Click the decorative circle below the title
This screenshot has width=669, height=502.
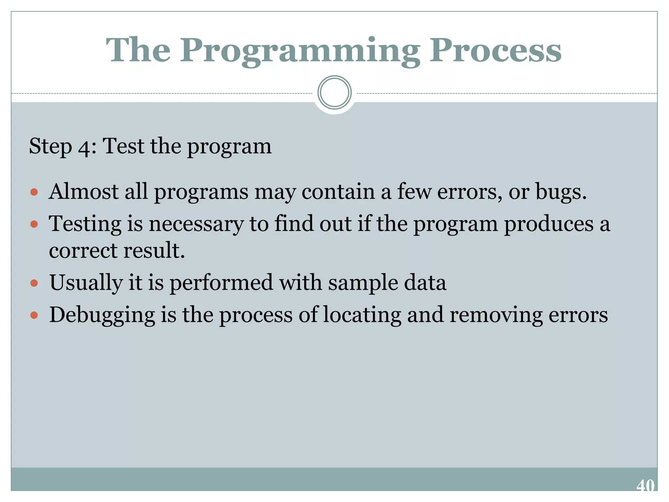(334, 92)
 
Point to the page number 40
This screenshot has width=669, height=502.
(645, 485)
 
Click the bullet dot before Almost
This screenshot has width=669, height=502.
(34, 192)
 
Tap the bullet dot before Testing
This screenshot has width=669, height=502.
(34, 224)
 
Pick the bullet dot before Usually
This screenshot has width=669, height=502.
(34, 283)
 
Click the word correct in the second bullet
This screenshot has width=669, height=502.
(83, 251)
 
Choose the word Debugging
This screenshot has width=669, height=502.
(102, 316)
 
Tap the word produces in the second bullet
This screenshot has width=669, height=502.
(548, 225)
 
